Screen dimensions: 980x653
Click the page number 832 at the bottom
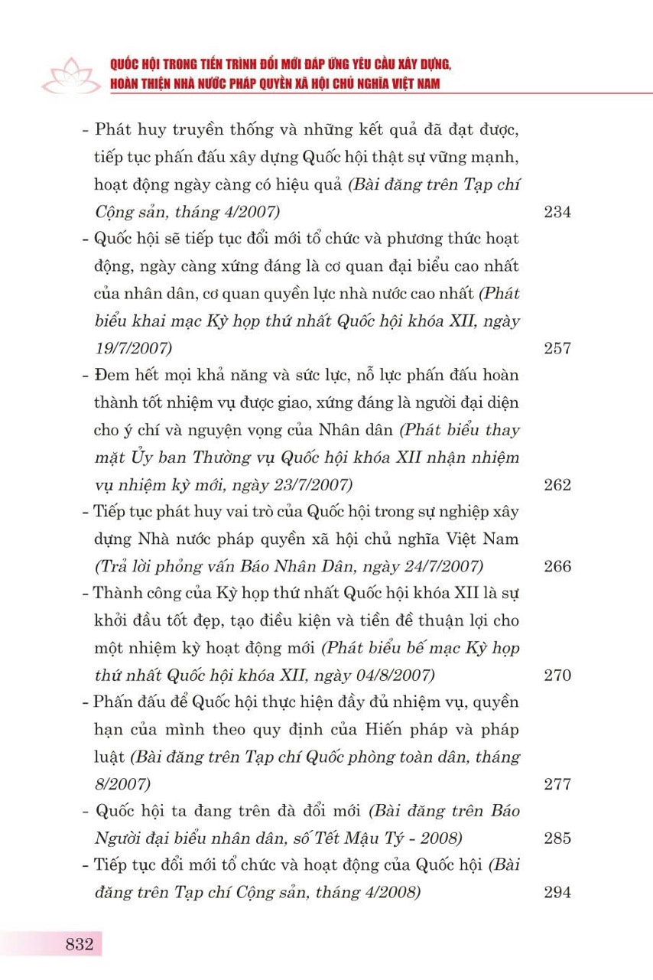(x=79, y=943)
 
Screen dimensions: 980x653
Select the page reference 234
(x=557, y=213)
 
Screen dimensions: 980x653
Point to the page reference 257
(x=557, y=349)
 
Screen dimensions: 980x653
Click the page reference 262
(x=557, y=485)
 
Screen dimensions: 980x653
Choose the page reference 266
(x=557, y=567)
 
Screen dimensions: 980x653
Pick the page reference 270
(x=557, y=676)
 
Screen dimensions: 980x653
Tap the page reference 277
(x=557, y=784)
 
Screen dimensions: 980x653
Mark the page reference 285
(x=557, y=838)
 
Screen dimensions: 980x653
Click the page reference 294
(x=557, y=893)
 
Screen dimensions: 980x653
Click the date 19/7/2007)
(x=133, y=349)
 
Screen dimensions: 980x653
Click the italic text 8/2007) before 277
(x=122, y=784)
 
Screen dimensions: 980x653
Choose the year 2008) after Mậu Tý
(x=439, y=838)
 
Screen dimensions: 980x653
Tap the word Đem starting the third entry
(x=109, y=376)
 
